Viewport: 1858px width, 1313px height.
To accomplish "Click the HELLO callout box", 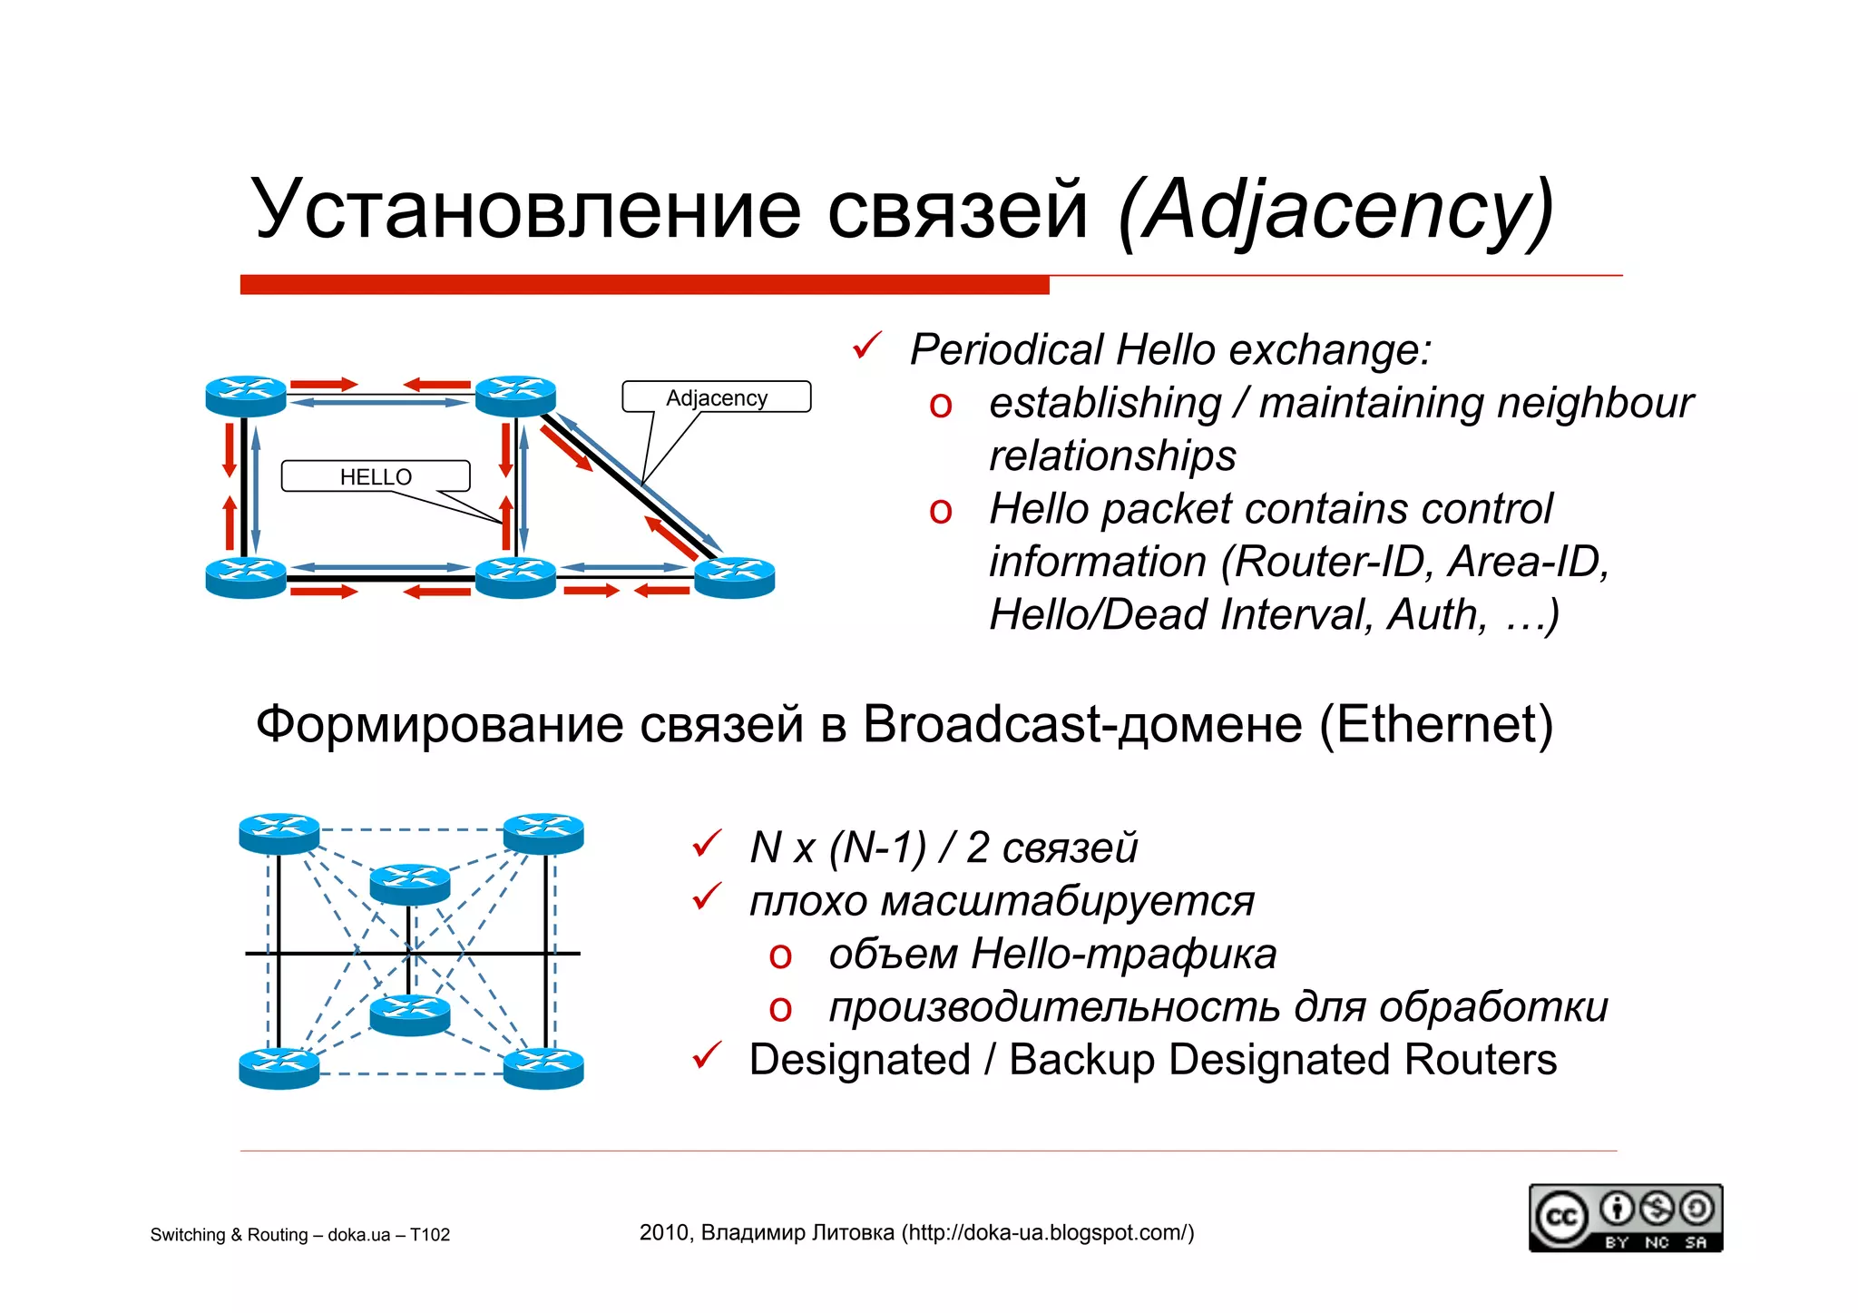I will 376,476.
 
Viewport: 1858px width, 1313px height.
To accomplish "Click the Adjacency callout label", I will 716,397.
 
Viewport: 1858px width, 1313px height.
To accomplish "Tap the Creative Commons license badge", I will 1625,1218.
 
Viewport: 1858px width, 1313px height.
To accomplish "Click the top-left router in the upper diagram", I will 246,396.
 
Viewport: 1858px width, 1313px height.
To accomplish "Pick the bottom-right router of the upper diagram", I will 734,578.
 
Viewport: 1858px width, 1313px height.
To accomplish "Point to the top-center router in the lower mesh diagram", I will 410,883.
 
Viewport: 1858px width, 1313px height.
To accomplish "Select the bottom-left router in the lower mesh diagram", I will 279,1067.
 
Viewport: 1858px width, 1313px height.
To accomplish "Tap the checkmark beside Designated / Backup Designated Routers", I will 707,1055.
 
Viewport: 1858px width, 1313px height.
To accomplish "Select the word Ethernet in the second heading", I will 1435,725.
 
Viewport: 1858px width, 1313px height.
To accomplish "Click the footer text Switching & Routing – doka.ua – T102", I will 299,1234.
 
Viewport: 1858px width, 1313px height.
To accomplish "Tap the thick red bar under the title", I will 644,285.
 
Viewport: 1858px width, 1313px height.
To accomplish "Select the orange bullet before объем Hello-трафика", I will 780,956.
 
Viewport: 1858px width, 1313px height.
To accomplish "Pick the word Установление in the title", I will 525,211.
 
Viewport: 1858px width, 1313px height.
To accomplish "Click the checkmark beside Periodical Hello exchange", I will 867,346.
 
